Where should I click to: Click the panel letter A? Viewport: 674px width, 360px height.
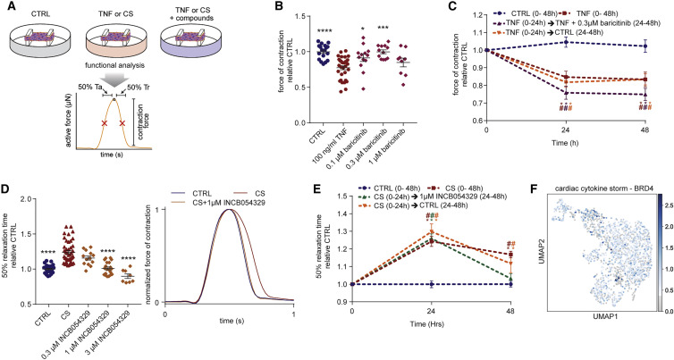tap(6, 7)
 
